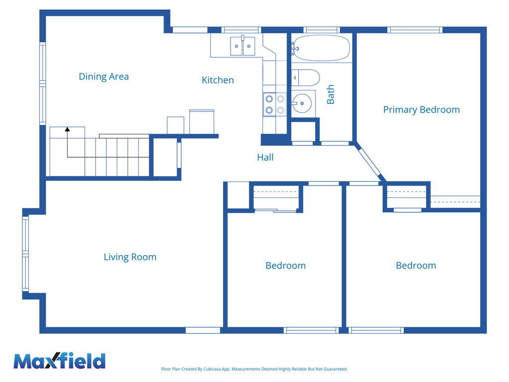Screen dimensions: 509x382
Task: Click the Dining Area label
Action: pos(103,76)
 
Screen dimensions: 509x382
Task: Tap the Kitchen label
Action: pos(218,80)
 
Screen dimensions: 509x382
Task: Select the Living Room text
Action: pos(130,257)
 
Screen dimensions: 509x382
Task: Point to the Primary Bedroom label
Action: pos(422,109)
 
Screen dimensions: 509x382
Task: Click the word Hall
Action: pos(265,157)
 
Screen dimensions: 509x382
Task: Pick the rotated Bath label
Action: pos(331,95)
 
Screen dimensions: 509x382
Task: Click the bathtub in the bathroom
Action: pos(321,48)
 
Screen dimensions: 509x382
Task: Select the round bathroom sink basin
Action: pos(302,103)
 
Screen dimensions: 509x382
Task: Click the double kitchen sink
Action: pos(243,46)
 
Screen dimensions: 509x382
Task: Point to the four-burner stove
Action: pos(274,104)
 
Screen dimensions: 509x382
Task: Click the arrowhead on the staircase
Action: pos(67,129)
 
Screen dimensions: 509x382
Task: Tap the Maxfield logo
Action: pos(60,361)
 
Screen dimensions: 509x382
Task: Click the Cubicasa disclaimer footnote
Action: pos(254,369)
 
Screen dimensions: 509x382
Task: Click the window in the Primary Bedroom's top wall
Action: pos(415,30)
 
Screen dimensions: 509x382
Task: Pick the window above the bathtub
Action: pos(322,30)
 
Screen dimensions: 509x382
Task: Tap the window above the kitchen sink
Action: pos(241,30)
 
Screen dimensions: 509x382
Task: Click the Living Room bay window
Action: pos(25,254)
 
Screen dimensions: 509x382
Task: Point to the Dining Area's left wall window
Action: pos(43,84)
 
